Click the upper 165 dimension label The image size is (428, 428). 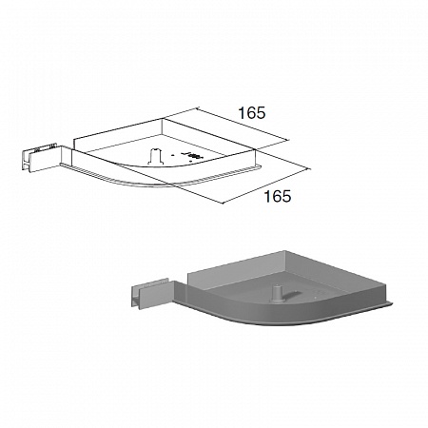click(252, 113)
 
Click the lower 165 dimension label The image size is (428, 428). click(278, 196)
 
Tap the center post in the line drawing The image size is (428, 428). click(154, 156)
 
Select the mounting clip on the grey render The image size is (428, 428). click(152, 293)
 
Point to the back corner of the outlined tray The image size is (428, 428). click(163, 119)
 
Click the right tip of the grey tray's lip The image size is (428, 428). click(393, 304)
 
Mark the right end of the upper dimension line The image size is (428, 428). click(289, 140)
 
